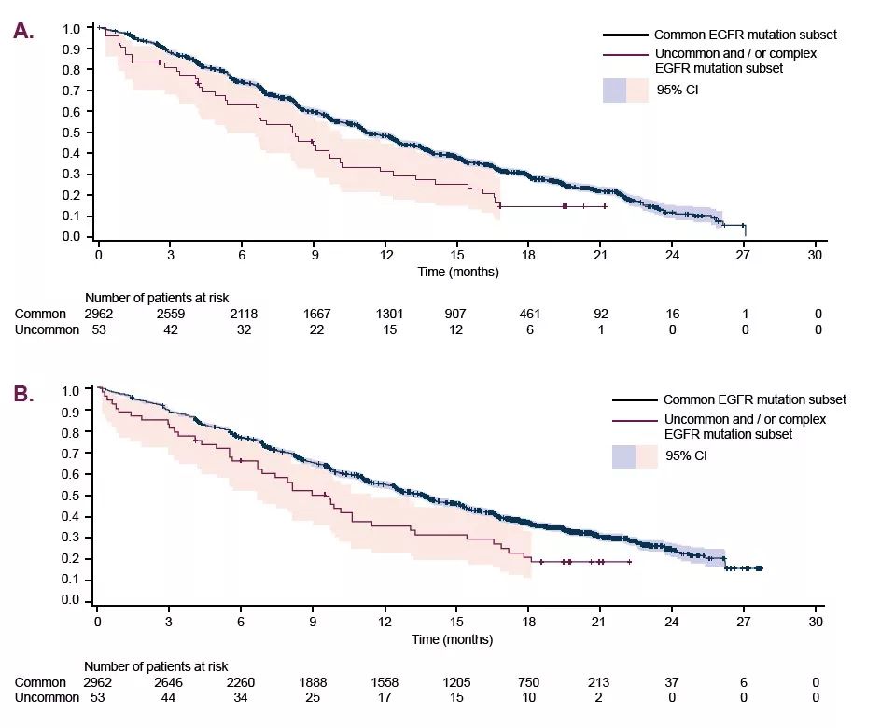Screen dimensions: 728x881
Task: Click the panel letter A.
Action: [x=23, y=31]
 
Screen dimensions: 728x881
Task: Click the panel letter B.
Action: [x=23, y=394]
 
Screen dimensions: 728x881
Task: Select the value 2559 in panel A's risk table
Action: [x=170, y=314]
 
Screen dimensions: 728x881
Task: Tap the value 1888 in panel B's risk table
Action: [x=313, y=682]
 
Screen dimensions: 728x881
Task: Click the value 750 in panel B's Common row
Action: [x=528, y=682]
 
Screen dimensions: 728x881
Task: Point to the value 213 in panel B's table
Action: [x=600, y=682]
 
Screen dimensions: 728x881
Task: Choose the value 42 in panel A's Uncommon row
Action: [x=170, y=329]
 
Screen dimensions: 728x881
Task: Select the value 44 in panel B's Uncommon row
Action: [x=170, y=697]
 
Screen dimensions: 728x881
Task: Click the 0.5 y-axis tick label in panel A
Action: [x=72, y=133]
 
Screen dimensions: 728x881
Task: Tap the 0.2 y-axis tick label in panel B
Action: [x=72, y=559]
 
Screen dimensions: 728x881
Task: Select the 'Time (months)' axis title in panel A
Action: [x=457, y=273]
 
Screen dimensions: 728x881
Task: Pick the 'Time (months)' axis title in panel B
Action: [x=453, y=640]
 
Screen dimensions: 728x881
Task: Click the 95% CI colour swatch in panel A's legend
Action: [x=625, y=91]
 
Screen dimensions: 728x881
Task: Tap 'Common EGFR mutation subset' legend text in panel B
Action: [x=754, y=399]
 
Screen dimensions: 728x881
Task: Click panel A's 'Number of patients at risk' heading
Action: [x=156, y=298]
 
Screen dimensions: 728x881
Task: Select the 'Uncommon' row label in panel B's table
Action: [x=48, y=697]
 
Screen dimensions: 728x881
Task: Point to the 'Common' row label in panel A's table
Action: [x=41, y=314]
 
